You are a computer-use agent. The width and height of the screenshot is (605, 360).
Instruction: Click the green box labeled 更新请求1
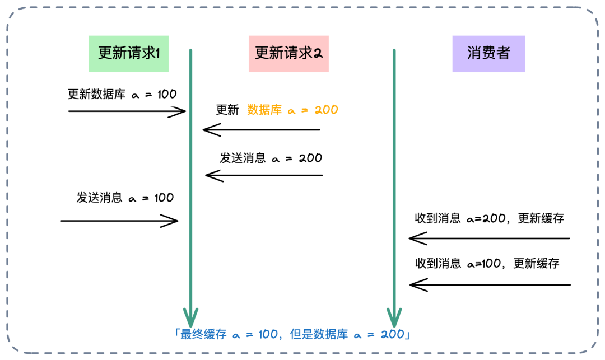pos(129,53)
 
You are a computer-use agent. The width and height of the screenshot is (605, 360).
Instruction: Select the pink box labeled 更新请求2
pos(288,53)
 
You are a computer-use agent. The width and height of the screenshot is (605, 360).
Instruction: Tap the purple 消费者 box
pos(488,53)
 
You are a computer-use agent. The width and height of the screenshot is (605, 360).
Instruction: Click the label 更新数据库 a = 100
pos(122,94)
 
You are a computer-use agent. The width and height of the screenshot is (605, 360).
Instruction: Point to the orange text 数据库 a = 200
pos(292,110)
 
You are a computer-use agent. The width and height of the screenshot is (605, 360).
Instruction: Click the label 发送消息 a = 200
pos(271,158)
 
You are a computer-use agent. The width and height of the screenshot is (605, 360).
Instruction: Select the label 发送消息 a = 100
pos(125,198)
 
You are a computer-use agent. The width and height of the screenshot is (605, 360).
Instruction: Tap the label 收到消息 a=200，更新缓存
pos(489,219)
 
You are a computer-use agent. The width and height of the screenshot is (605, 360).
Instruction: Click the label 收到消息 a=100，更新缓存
pos(487,263)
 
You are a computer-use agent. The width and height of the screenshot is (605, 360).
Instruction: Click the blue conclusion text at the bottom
pos(293,335)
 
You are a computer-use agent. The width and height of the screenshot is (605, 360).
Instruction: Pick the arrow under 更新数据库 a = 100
pos(127,112)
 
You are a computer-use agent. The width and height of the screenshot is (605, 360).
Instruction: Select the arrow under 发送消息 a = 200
pos(264,176)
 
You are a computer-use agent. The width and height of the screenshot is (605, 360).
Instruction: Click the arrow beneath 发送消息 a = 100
pos(119,221)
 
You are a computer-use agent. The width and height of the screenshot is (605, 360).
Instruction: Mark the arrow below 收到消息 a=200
pos(489,239)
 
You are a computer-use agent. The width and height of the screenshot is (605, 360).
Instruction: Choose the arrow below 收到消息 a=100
pos(490,286)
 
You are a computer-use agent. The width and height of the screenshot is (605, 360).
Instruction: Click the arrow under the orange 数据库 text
pos(261,130)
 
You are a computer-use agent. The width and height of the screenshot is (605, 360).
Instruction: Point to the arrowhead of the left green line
pos(191,320)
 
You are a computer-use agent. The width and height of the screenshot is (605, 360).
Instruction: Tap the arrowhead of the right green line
pos(395,320)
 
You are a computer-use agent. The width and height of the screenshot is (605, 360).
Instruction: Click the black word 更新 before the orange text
pos(227,110)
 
